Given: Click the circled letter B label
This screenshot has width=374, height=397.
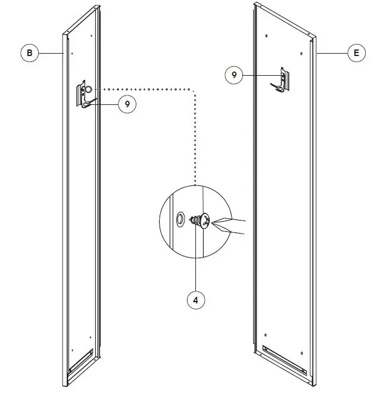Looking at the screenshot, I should (29, 54).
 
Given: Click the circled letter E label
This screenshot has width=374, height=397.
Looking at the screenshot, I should (356, 54).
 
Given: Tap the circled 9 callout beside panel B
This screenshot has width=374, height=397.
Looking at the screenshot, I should (127, 104).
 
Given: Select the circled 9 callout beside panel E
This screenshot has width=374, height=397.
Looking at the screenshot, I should (234, 75).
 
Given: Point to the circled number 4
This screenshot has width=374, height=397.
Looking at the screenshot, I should (195, 300).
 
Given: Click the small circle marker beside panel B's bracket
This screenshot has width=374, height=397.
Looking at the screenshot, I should (88, 89).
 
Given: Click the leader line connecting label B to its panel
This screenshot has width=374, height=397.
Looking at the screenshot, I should (51, 54).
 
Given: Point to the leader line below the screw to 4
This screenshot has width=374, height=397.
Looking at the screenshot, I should (195, 262).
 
